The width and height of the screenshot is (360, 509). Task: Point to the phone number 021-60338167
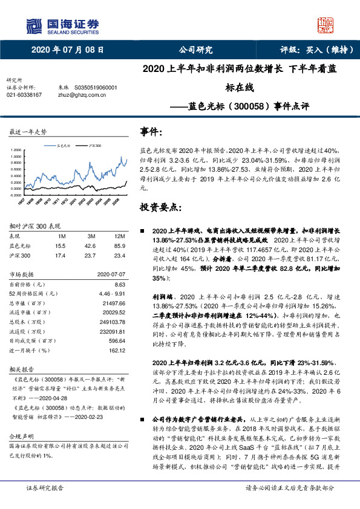[x=24, y=95]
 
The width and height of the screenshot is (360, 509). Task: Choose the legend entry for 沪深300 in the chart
[x=94, y=146]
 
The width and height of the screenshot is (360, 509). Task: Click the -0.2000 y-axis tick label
[x=15, y=195]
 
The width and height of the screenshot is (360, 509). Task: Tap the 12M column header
[x=119, y=236]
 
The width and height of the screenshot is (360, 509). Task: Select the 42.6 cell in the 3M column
[x=91, y=246]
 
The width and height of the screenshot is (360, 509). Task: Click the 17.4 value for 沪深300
[x=59, y=256]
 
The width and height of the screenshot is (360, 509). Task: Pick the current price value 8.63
[x=119, y=284]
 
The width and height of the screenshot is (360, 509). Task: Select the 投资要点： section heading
[x=160, y=207]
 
